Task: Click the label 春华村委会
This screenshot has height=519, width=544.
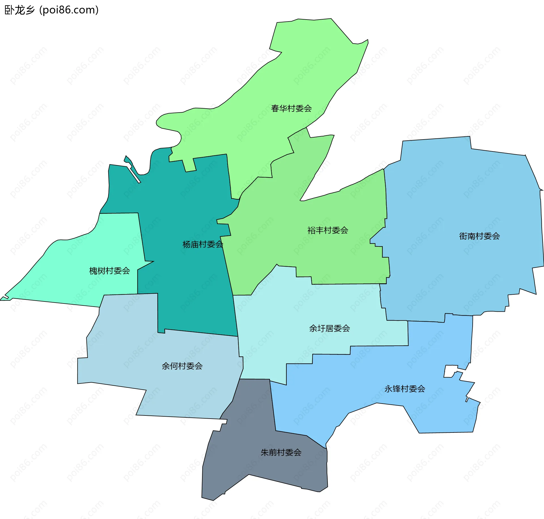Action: [x=291, y=108]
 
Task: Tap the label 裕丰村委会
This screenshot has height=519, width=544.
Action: [x=328, y=230]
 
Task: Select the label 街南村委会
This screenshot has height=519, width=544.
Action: [x=479, y=236]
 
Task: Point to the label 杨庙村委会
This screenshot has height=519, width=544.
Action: [x=203, y=244]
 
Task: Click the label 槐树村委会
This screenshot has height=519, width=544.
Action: [x=110, y=271]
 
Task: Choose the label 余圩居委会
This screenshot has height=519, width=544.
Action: [x=330, y=328]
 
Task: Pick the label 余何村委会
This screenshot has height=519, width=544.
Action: [x=182, y=366]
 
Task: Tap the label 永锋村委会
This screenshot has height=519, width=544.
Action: [x=405, y=389]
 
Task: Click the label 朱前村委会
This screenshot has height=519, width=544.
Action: [x=281, y=452]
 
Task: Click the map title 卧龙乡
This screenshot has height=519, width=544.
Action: [x=20, y=10]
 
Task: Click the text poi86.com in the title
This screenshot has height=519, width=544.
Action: [x=69, y=10]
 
